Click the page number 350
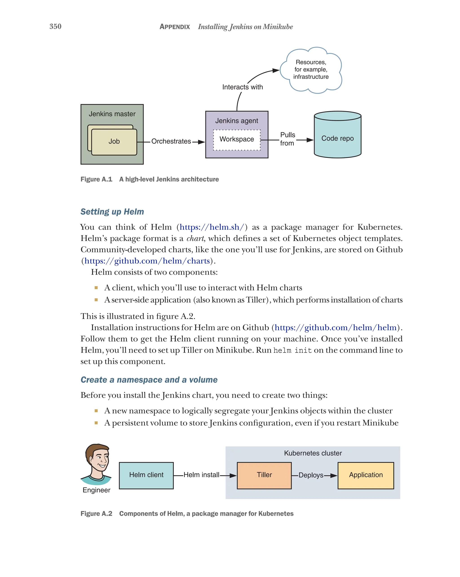(55, 26)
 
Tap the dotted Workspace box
(237, 139)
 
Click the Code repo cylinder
(337, 138)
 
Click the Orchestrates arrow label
(171, 141)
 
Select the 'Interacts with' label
(242, 87)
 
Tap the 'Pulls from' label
(287, 139)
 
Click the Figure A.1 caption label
(96, 179)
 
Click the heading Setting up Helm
(112, 212)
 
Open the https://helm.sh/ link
(212, 227)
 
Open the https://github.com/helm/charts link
(147, 261)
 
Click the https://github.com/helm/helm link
(335, 327)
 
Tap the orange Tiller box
(264, 475)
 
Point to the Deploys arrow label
(311, 475)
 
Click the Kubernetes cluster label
(313, 453)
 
